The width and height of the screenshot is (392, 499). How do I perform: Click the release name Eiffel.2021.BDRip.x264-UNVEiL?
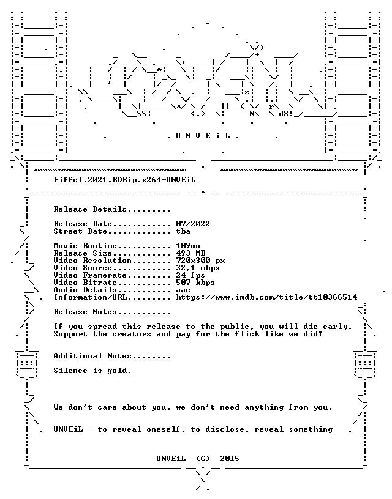(124, 180)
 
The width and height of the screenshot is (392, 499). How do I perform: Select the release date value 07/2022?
(193, 224)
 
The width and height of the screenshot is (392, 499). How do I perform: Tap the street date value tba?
(183, 231)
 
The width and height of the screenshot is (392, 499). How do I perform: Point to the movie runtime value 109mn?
(188, 246)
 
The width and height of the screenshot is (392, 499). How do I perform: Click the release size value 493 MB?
(190, 253)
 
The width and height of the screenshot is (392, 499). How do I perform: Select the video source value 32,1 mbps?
(198, 268)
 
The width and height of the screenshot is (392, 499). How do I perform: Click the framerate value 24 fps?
(190, 275)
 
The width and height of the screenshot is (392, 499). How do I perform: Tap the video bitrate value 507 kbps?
(195, 283)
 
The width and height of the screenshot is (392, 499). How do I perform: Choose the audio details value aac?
(183, 290)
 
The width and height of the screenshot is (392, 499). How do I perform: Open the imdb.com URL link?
(267, 297)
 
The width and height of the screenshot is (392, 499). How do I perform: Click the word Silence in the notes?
(70, 371)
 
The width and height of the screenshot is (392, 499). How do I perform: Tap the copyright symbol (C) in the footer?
(203, 459)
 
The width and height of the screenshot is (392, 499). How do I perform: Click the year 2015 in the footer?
(230, 459)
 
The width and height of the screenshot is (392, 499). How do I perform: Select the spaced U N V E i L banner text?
(203, 136)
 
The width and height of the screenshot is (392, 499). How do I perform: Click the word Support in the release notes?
(70, 334)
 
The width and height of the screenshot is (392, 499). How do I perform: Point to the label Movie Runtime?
(85, 246)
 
